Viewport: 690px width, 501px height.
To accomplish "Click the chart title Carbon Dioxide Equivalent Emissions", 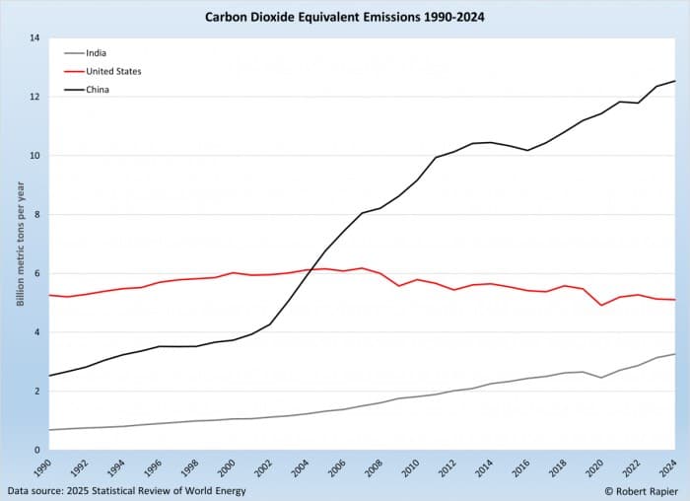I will (x=345, y=17).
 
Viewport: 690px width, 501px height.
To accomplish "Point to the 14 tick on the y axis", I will (x=34, y=38).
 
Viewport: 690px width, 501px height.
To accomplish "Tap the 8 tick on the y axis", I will (x=36, y=215).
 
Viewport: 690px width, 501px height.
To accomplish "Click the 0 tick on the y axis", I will (x=36, y=451).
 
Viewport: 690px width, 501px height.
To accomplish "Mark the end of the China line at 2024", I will (x=675, y=81).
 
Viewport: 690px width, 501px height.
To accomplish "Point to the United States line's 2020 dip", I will (x=601, y=305).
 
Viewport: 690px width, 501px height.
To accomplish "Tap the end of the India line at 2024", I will (x=675, y=354).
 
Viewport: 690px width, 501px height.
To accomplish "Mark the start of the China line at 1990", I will (x=49, y=376).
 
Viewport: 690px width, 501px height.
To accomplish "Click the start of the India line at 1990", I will (x=49, y=430).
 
